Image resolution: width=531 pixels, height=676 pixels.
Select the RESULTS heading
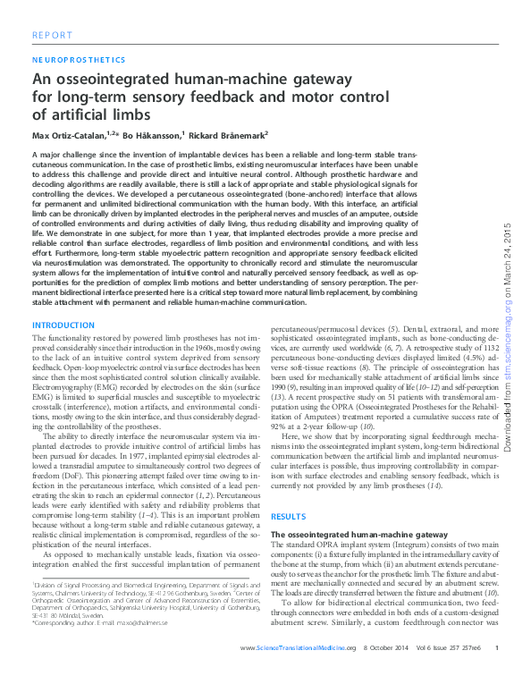288,517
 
